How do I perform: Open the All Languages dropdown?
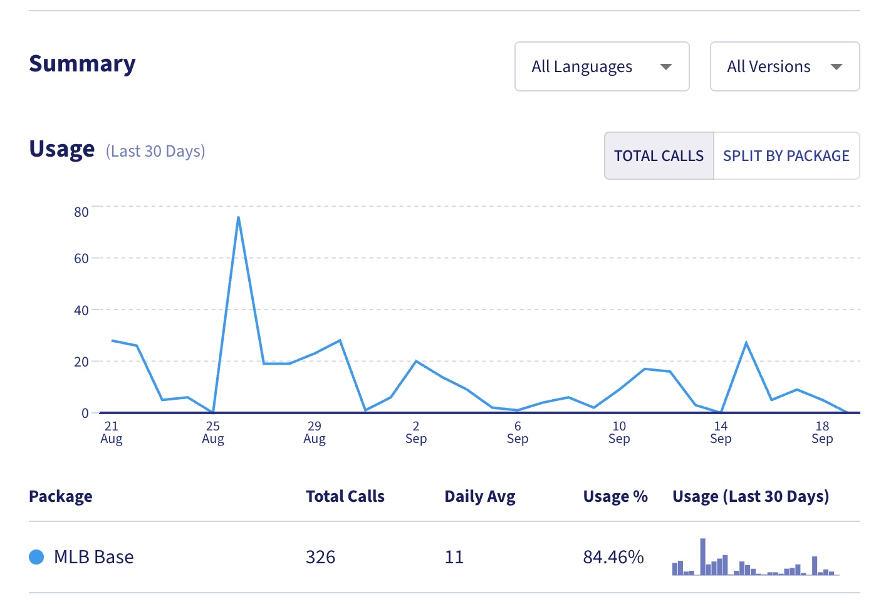[602, 66]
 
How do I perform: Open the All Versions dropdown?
[784, 66]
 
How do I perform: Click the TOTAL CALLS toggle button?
[659, 155]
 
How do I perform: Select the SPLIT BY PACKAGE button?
[786, 155]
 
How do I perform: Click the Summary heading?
[82, 63]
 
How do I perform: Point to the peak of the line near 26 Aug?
[238, 217]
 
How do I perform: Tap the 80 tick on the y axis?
[81, 212]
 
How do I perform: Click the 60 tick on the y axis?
[81, 258]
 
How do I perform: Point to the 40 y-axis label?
[81, 310]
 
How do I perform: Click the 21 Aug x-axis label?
[112, 432]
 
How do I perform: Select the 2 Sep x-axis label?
[416, 432]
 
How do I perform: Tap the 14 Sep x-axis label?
[721, 432]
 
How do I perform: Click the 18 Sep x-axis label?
[822, 432]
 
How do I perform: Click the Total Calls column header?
[345, 496]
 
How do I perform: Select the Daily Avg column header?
[479, 496]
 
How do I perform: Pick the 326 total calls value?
[320, 557]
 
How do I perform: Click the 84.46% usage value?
[613, 557]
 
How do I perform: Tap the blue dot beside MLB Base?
[36, 557]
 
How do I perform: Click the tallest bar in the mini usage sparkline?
[703, 556]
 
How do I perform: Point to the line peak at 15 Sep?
[746, 342]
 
